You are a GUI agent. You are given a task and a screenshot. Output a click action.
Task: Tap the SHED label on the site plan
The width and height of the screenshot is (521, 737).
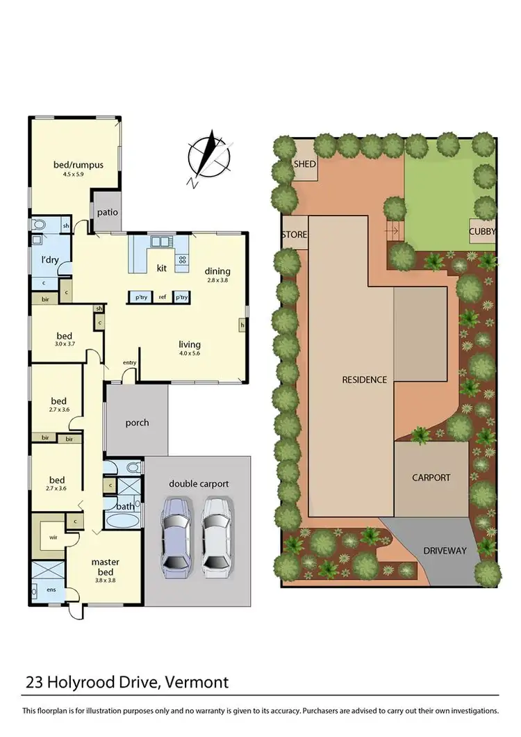coord(305,164)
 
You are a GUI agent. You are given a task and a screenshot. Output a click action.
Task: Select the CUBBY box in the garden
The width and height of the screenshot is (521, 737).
coord(482,232)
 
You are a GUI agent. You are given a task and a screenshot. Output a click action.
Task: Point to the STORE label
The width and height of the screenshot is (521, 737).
coord(294,234)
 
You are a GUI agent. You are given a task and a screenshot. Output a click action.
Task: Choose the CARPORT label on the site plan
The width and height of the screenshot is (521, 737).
coord(431,478)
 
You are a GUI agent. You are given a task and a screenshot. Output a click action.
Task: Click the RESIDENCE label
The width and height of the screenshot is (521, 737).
coord(364,380)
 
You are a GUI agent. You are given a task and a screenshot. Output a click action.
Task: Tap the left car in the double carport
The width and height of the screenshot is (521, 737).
coord(175,535)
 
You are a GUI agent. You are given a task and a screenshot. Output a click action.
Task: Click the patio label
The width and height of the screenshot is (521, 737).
coord(106,212)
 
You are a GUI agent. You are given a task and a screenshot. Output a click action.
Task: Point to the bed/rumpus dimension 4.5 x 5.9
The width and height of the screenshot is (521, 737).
coord(78,175)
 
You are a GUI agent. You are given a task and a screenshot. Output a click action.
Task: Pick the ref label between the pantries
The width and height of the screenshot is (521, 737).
coord(162,297)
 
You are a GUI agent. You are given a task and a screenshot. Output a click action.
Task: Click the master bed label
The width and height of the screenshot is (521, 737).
coord(106,567)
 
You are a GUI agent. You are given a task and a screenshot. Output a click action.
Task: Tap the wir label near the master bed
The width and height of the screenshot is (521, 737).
coord(53,537)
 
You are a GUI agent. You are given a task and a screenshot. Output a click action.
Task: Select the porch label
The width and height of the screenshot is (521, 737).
coord(137,422)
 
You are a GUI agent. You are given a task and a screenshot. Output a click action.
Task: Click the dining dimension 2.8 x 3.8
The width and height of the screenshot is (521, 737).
coord(217,280)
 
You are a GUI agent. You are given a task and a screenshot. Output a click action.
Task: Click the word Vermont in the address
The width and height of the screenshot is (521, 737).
coord(196,682)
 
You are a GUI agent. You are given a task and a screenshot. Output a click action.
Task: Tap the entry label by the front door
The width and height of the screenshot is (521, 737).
coord(129,362)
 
